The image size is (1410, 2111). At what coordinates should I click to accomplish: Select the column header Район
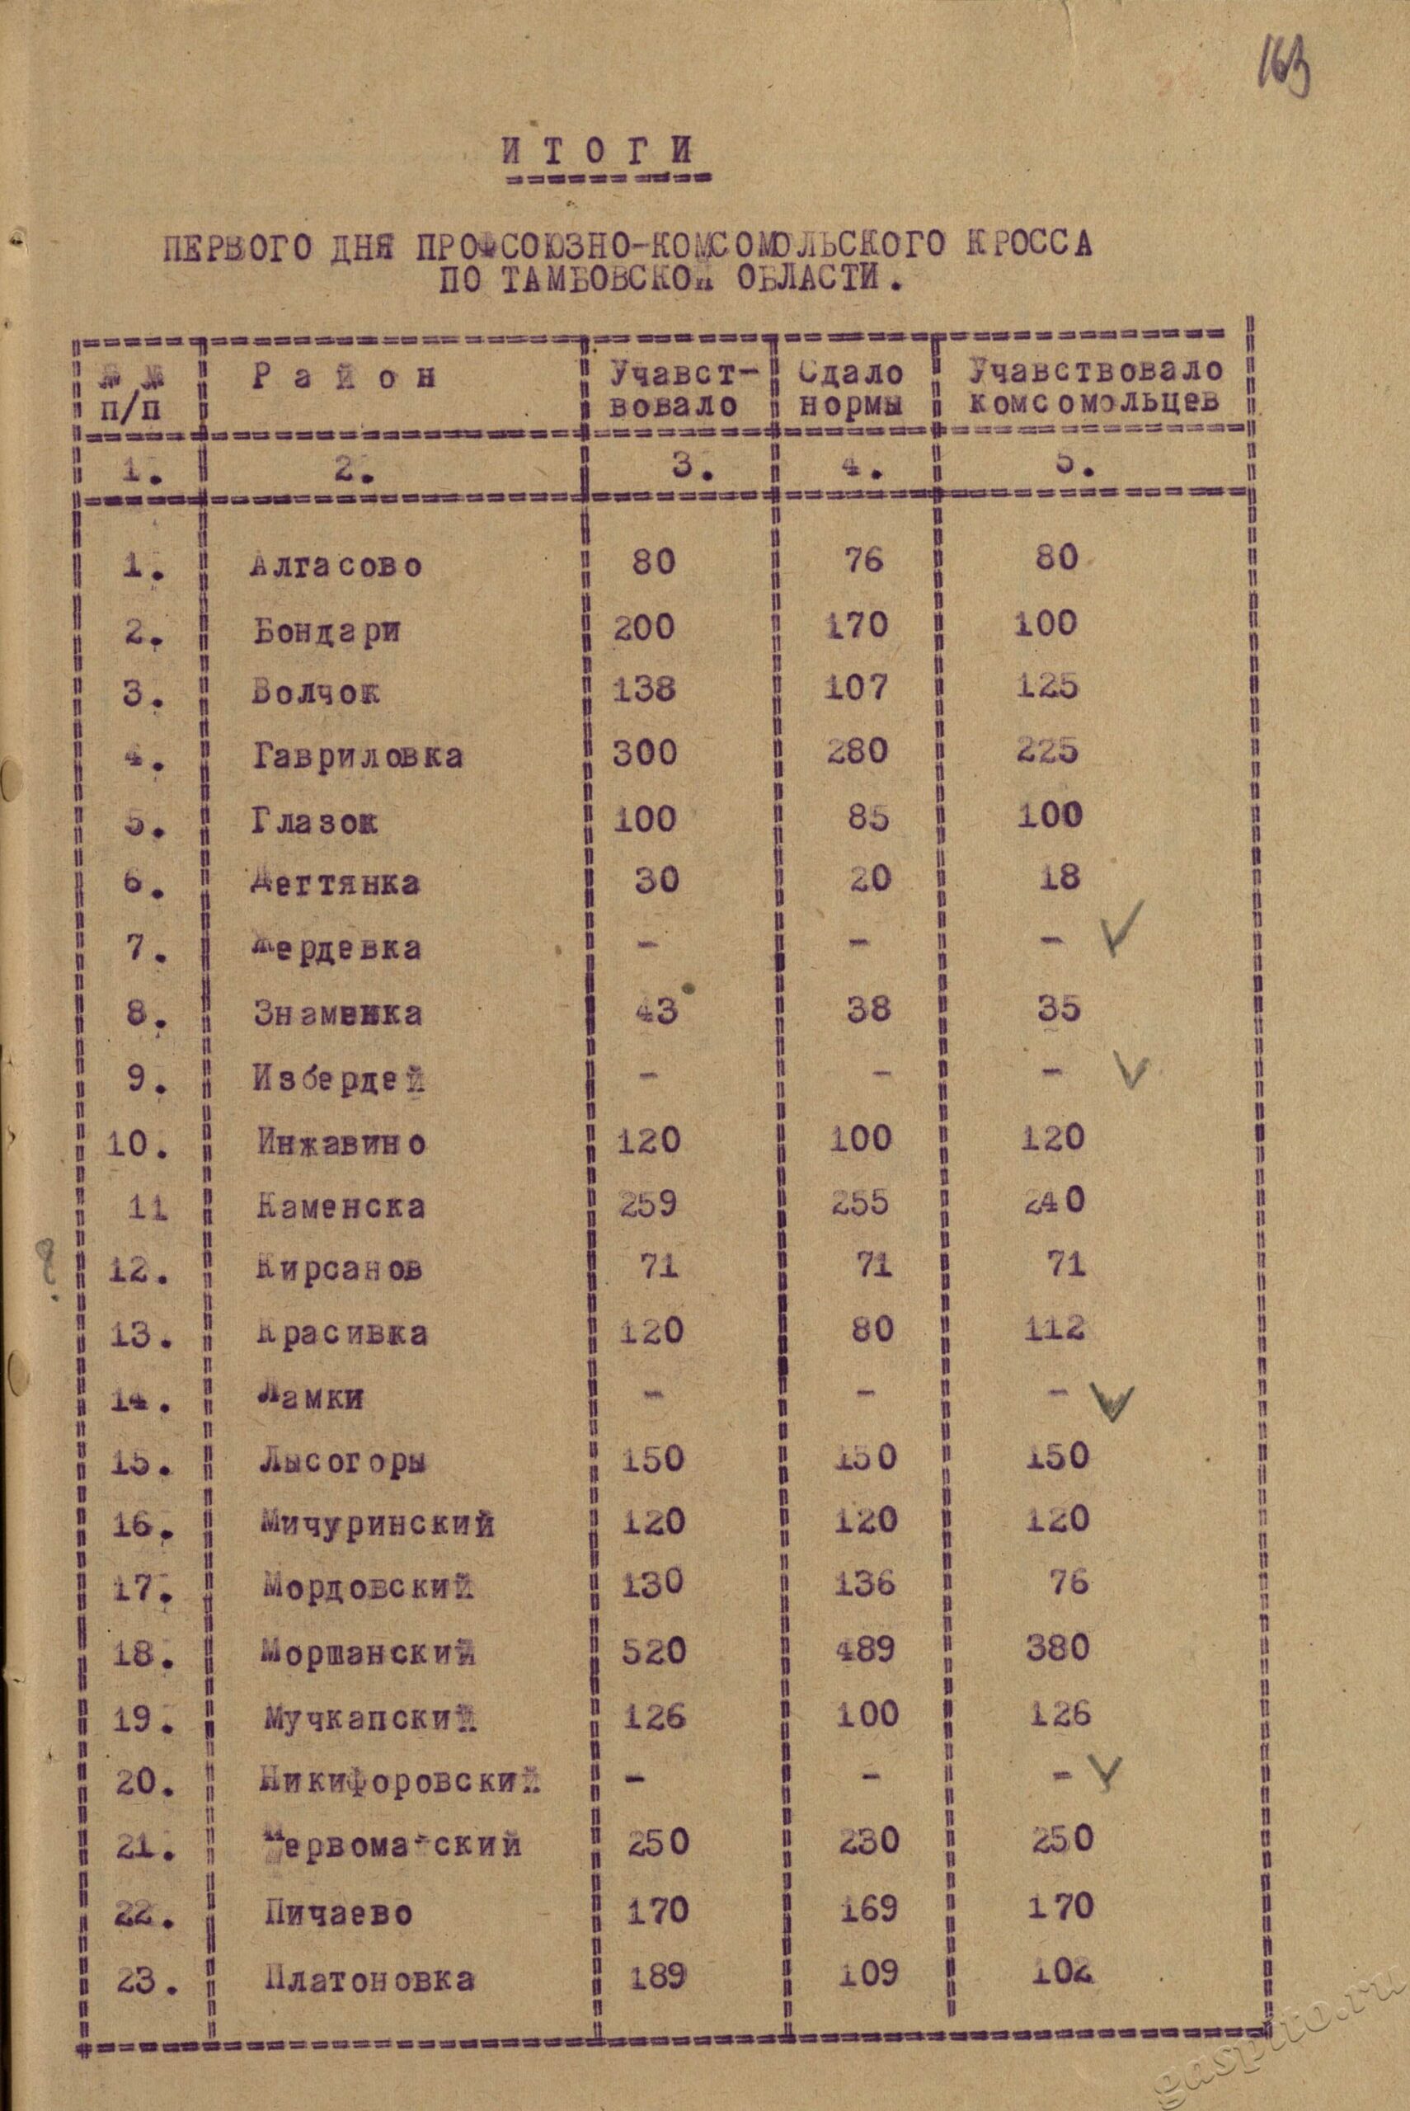[x=345, y=377]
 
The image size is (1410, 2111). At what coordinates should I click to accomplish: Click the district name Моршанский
[x=369, y=1651]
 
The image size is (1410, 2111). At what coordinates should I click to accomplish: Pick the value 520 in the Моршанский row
[x=653, y=1650]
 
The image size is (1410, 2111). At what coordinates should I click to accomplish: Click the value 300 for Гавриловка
[x=645, y=750]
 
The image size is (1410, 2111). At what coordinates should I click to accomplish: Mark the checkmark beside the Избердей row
[x=1131, y=1070]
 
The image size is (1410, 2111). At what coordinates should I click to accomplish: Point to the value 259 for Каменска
[x=647, y=1202]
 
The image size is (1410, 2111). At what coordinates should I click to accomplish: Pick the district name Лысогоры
[x=343, y=1461]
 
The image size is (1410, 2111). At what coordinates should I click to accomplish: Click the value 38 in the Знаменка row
[x=868, y=1009]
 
